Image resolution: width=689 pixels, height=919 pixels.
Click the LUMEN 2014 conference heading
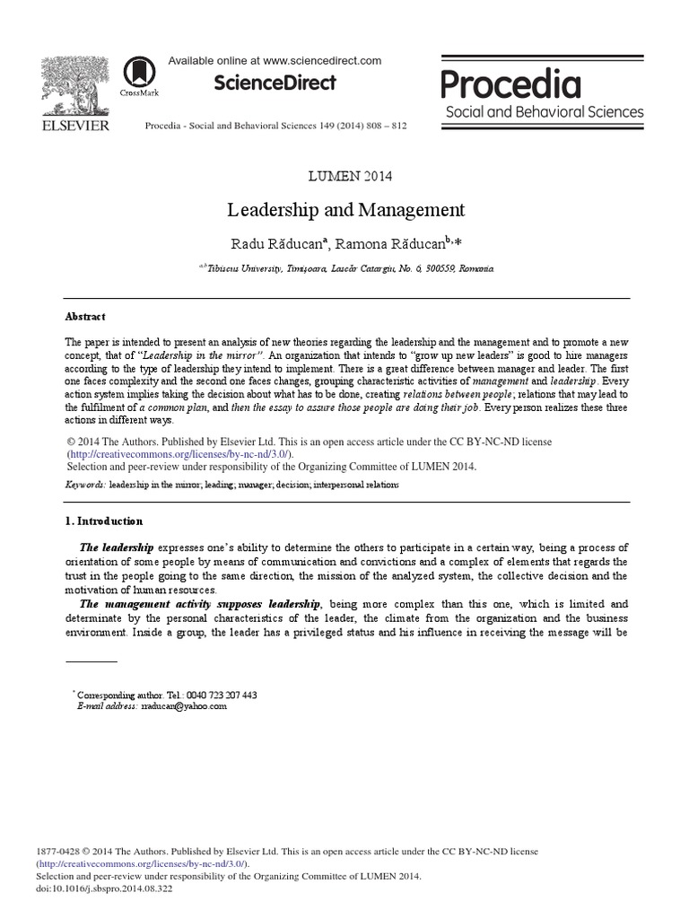click(345, 176)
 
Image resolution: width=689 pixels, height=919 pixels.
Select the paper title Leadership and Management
click(345, 210)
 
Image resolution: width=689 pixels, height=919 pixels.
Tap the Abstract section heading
click(85, 317)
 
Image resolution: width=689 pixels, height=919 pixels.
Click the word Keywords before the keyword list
click(85, 485)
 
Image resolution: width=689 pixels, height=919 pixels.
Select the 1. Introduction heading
click(103, 521)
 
